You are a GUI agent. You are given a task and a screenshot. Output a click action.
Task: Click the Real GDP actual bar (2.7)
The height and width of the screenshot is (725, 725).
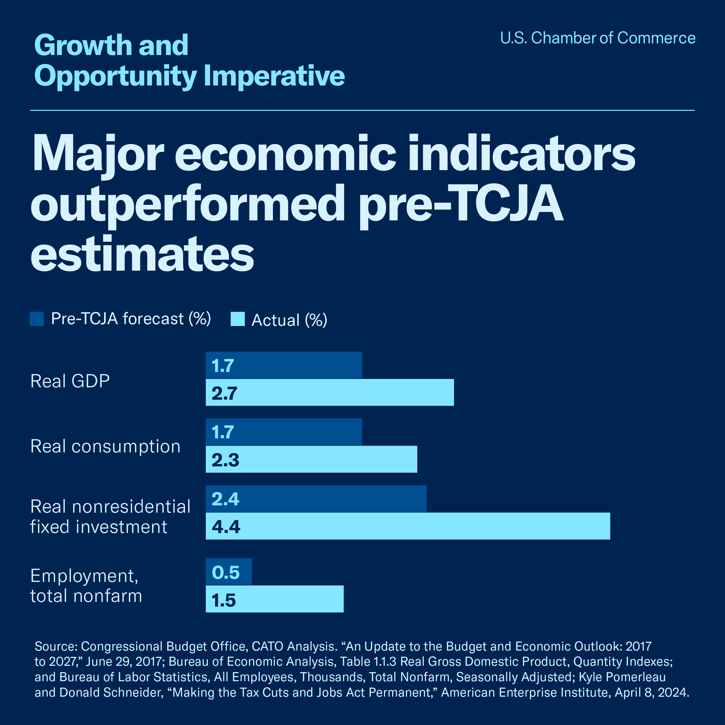[x=330, y=392]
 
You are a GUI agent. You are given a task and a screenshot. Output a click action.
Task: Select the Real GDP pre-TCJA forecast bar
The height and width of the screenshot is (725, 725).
[x=284, y=365]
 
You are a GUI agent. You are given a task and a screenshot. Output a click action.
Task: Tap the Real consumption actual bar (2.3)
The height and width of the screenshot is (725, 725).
[x=312, y=459]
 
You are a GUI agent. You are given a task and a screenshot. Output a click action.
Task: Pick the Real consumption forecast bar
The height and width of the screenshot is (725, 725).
[x=284, y=431]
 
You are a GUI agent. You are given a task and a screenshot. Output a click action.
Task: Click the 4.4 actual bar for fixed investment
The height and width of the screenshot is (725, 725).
[x=408, y=526]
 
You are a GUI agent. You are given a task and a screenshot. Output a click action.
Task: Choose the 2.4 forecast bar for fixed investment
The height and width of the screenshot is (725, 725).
[x=316, y=498]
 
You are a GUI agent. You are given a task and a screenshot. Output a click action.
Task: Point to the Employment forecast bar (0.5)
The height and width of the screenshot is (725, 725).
[x=228, y=572]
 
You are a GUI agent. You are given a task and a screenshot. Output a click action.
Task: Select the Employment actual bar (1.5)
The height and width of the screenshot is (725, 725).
[x=274, y=599]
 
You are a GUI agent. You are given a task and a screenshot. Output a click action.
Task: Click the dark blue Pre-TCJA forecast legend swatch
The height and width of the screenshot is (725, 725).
[x=37, y=319]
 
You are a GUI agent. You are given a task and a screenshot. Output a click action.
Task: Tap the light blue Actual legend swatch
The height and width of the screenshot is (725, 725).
[x=237, y=319]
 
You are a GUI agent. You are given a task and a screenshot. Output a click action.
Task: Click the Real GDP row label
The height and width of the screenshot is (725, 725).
[x=70, y=381]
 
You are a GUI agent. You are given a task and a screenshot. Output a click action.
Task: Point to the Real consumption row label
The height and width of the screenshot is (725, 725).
[x=105, y=446]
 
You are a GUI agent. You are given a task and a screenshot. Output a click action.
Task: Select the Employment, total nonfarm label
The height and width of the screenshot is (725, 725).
[x=86, y=585]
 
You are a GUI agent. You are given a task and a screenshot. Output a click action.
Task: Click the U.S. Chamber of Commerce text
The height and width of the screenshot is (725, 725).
[x=597, y=38]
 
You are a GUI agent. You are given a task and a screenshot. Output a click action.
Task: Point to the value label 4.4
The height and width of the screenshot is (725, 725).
[x=226, y=527]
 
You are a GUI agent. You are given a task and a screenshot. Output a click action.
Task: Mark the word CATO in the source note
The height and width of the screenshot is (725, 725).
[x=267, y=646]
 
